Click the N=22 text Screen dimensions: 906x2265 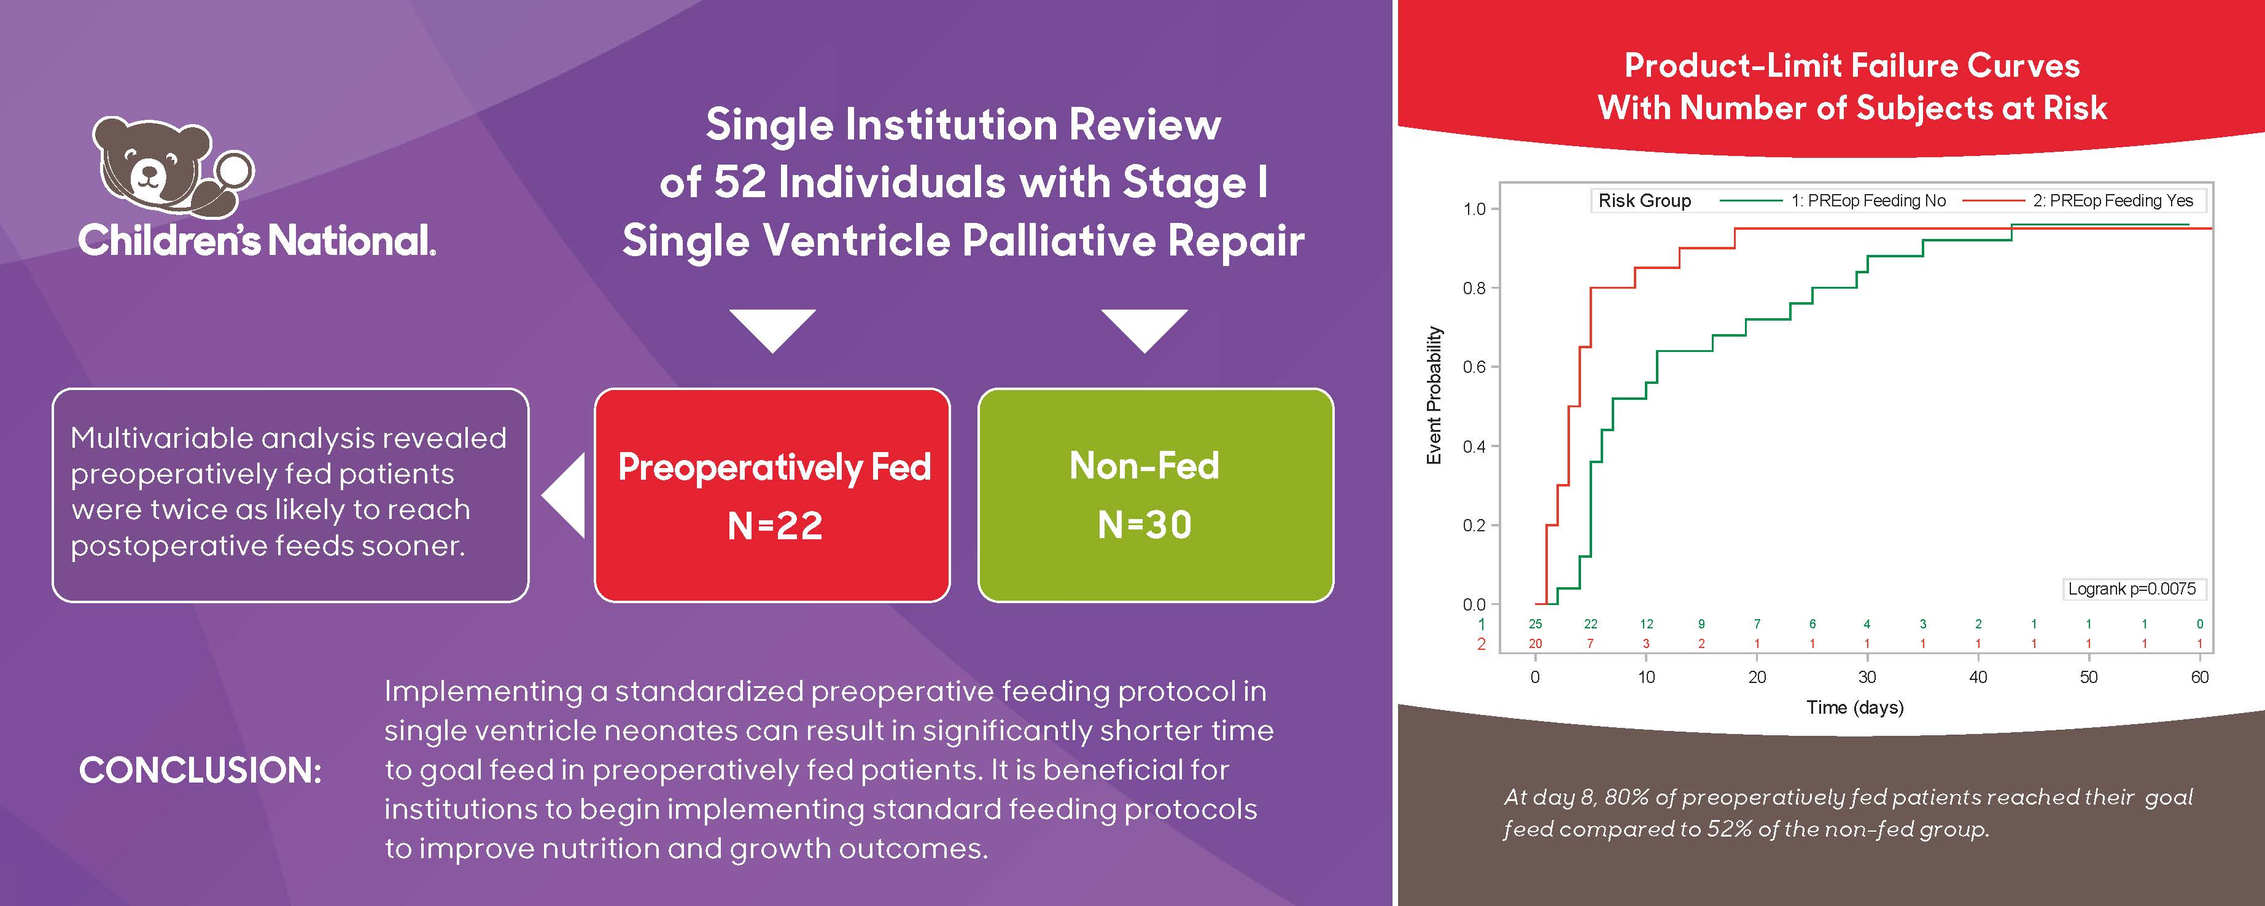click(775, 526)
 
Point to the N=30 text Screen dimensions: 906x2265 click(1144, 525)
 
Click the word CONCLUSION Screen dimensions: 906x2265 click(201, 770)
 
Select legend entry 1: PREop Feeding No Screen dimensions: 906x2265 click(1868, 201)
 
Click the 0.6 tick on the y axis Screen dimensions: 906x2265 click(1475, 367)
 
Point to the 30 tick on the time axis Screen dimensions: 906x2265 click(1867, 676)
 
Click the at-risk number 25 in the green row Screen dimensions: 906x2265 click(1535, 623)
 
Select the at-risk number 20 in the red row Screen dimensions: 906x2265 click(1535, 643)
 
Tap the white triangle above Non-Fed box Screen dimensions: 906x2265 click(1144, 327)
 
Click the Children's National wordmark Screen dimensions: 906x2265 click(256, 240)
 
